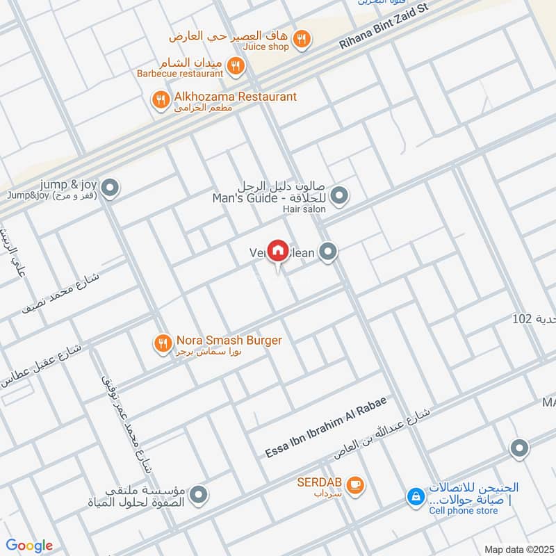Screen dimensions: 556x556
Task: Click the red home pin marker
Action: [x=277, y=250]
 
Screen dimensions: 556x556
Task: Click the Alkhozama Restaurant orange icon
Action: [x=161, y=101]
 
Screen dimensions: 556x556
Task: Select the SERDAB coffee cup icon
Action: [x=354, y=485]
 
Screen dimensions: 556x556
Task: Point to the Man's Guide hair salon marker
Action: [x=339, y=197]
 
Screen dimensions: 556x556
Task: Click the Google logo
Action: [x=29, y=546]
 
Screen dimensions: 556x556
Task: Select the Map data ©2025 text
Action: [x=518, y=550]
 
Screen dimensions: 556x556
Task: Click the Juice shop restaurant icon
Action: [x=301, y=40]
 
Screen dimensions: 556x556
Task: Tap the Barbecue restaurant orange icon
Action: [x=236, y=67]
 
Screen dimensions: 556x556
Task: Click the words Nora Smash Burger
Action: [x=229, y=341]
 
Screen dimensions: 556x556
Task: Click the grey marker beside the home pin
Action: [x=329, y=253]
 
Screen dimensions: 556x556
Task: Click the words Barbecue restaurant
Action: [x=179, y=72]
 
